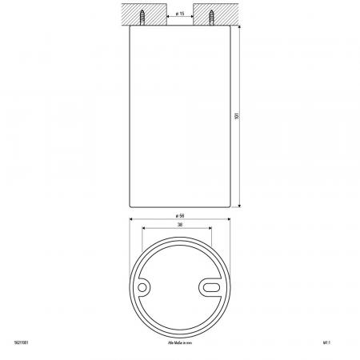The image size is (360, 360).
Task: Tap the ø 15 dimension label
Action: tap(180, 14)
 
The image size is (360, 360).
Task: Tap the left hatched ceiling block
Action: tap(140, 11)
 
